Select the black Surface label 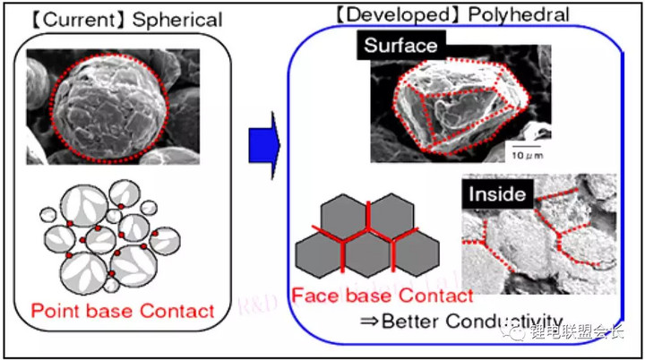pyautogui.click(x=400, y=46)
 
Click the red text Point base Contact pyautogui.click(x=123, y=311)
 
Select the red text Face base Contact pyautogui.click(x=382, y=295)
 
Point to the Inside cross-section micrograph pyautogui.click(x=537, y=237)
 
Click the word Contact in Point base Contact pyautogui.click(x=178, y=311)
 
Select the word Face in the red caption pyautogui.click(x=314, y=295)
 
